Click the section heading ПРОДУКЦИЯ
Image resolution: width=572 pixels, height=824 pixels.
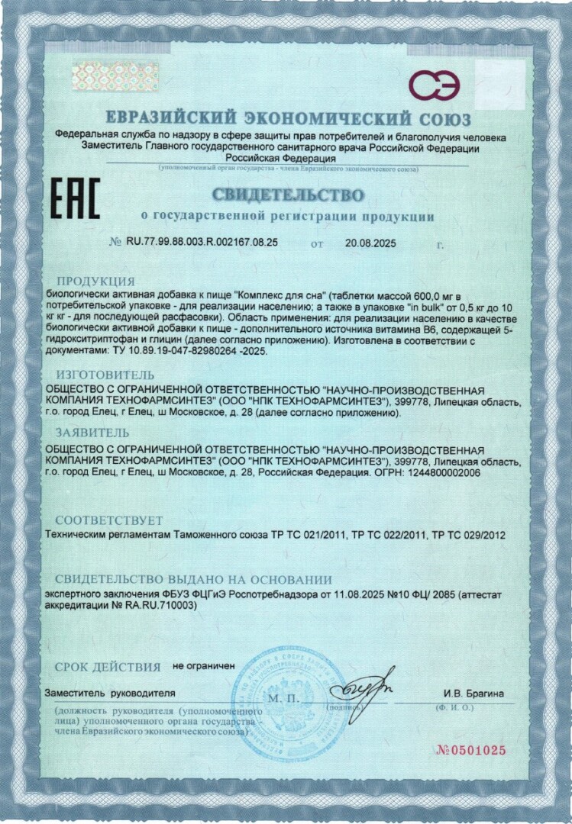pos(95,281)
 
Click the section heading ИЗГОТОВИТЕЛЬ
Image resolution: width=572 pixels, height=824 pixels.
pos(105,375)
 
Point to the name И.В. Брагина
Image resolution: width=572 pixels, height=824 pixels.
pos(473,694)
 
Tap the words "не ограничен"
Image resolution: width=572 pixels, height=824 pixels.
pos(204,666)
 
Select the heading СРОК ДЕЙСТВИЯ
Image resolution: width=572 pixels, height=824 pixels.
pos(107,667)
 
